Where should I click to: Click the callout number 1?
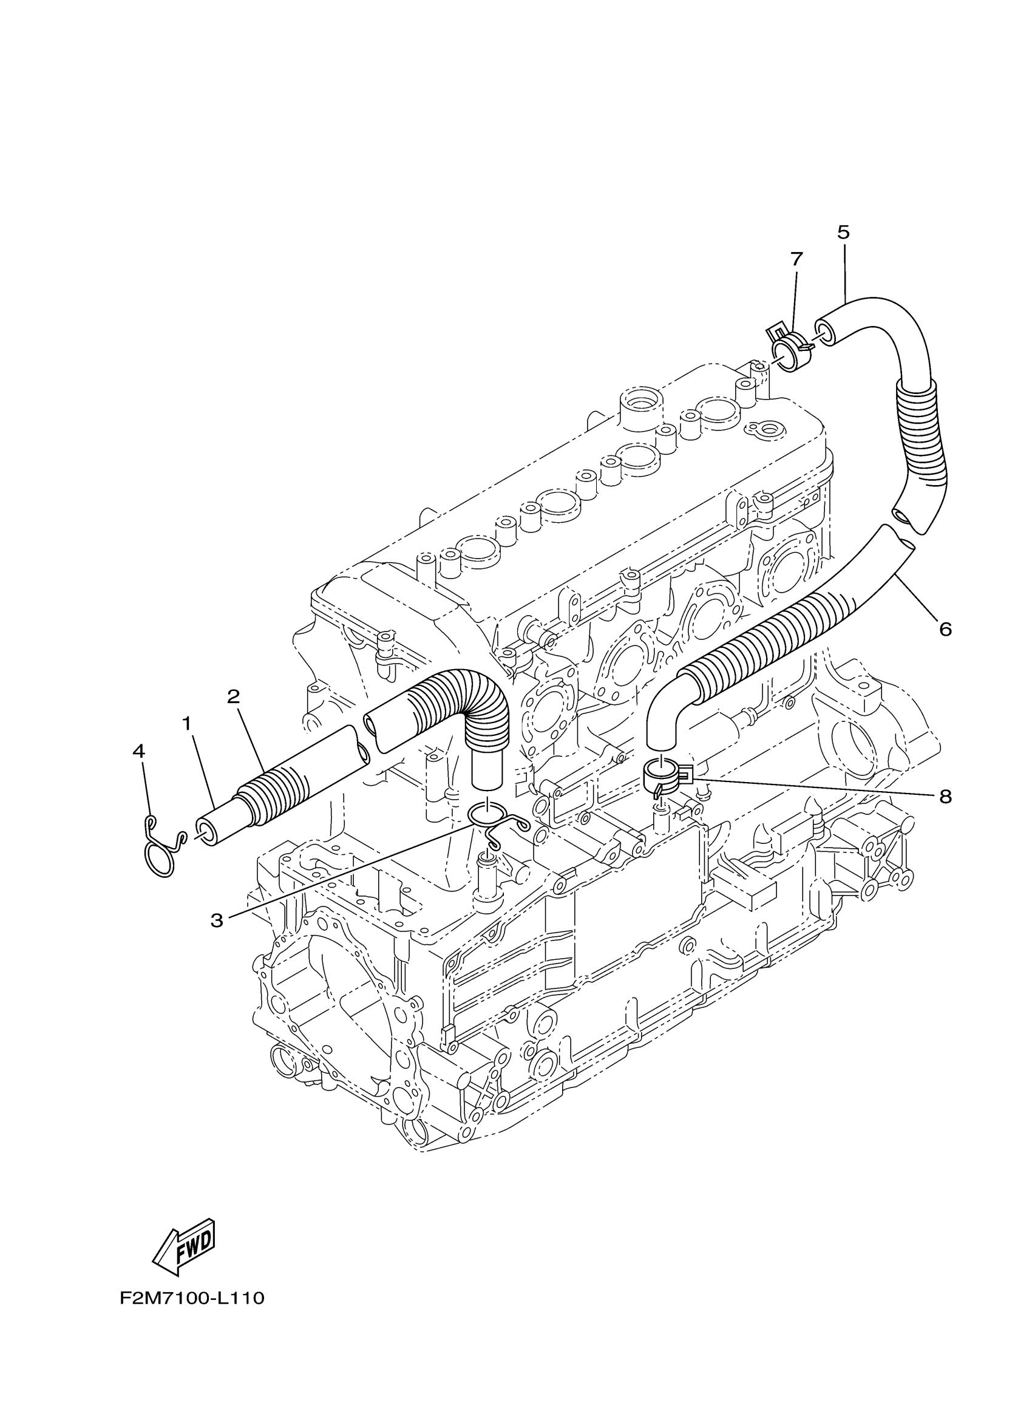[x=186, y=724]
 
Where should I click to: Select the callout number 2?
[x=233, y=697]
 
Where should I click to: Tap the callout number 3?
[x=217, y=921]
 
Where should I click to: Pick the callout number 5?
[x=843, y=232]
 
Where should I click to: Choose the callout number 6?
[x=945, y=628]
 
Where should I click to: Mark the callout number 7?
[x=796, y=258]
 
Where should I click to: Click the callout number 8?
[x=945, y=797]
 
